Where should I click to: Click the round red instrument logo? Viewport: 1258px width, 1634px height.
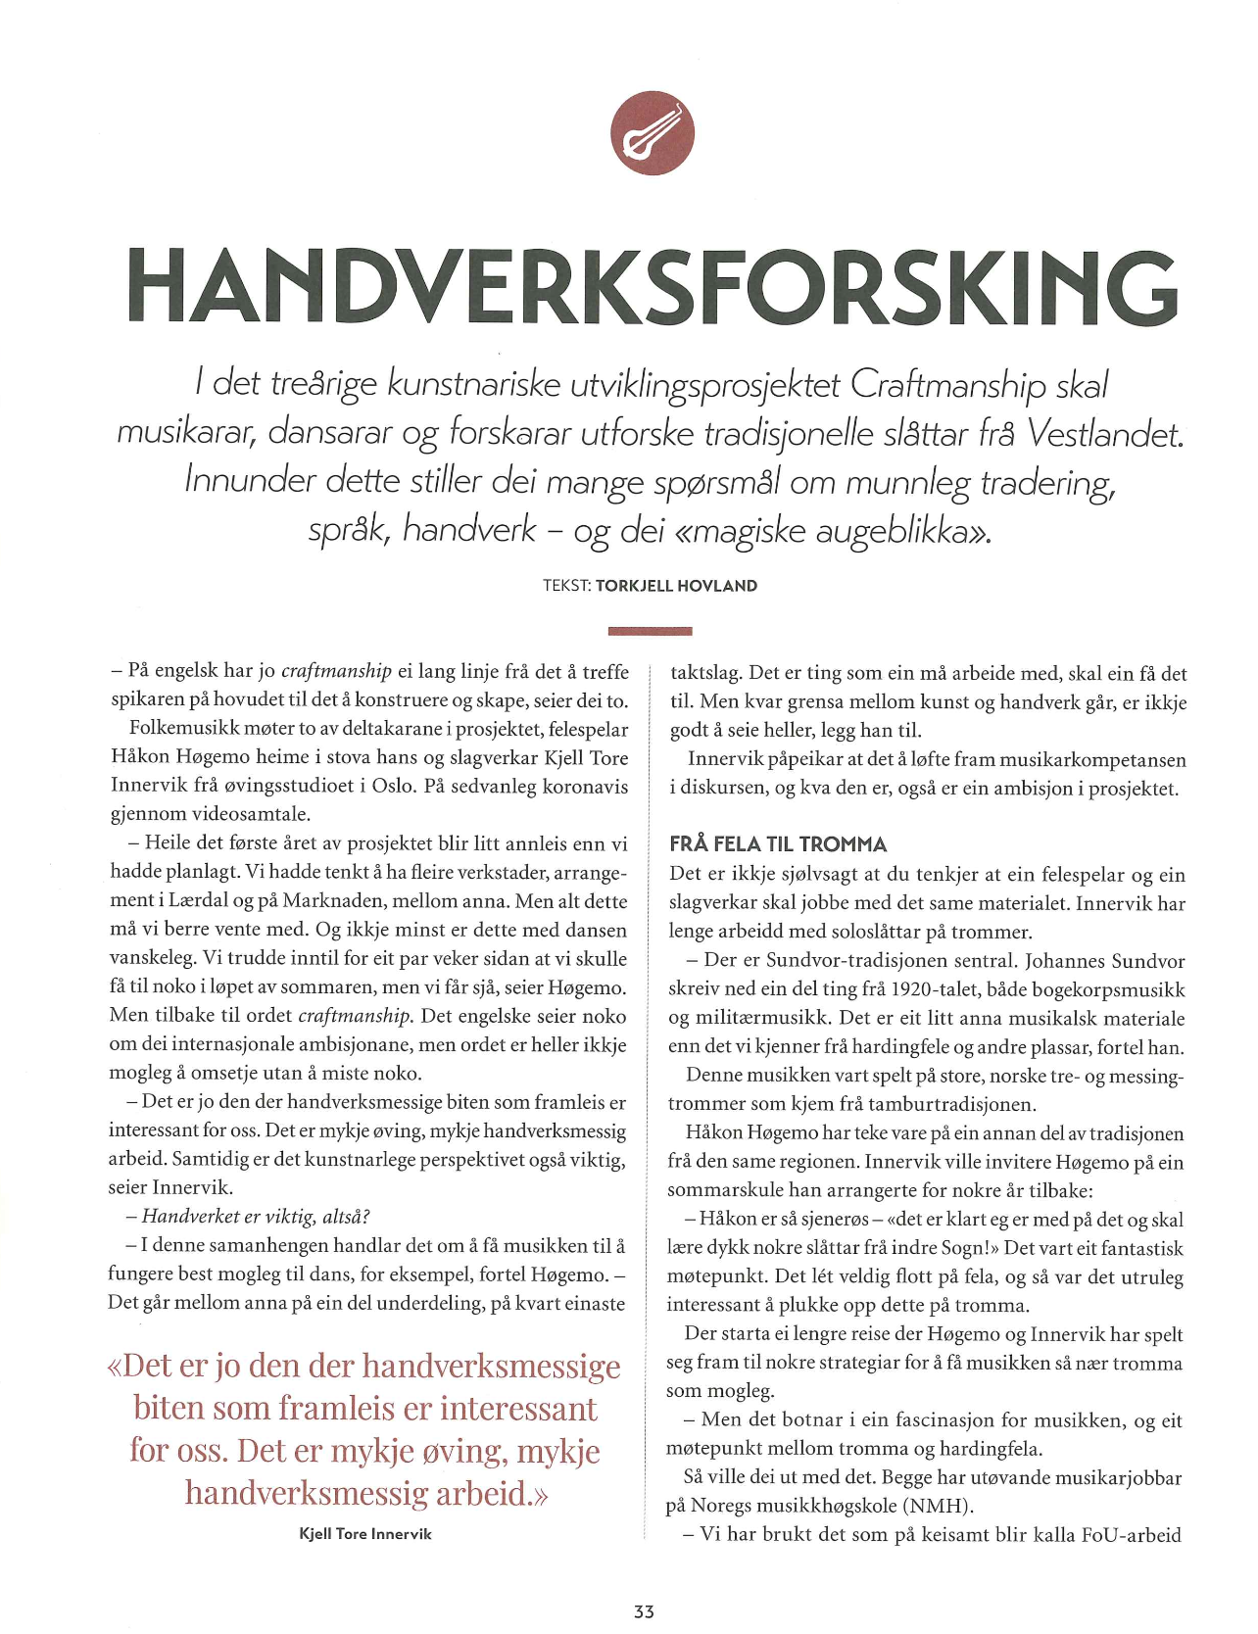point(652,133)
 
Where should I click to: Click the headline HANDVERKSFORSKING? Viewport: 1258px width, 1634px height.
point(652,286)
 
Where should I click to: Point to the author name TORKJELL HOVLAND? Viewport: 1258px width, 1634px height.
point(676,586)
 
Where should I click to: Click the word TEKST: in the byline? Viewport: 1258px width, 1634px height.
point(566,586)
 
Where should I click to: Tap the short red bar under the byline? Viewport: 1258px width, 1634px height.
point(650,631)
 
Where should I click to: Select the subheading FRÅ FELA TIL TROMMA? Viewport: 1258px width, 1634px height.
point(778,844)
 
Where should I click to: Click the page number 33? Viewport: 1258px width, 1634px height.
point(644,1611)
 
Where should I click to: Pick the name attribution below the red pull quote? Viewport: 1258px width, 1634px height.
point(365,1534)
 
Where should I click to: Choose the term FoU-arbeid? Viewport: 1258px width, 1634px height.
point(1132,1535)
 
